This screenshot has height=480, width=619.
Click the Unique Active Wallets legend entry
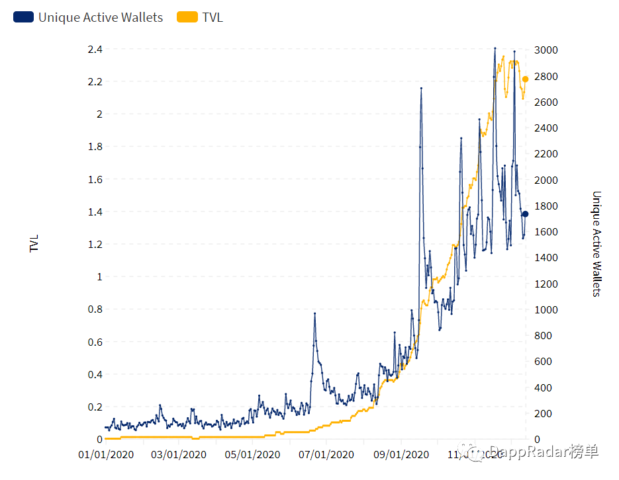[x=100, y=18]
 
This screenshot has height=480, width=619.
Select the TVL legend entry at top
[x=212, y=18]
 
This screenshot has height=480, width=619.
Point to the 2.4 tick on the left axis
[x=95, y=50]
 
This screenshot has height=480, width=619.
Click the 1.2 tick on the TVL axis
[x=95, y=245]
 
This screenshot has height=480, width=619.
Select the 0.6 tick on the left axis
[x=95, y=342]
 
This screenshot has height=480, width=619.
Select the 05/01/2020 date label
[x=252, y=455]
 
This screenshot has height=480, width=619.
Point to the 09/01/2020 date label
[x=401, y=455]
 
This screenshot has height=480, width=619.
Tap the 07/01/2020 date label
[x=326, y=455]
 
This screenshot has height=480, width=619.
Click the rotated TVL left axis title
[x=34, y=243]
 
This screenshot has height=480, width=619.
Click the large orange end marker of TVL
[x=526, y=79]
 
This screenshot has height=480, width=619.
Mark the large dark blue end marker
[x=526, y=214]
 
